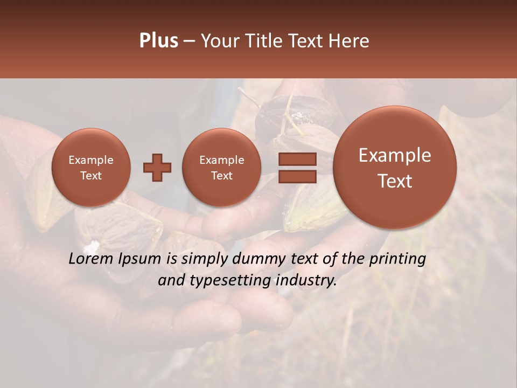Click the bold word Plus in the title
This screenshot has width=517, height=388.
click(158, 41)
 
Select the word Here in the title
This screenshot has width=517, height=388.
click(350, 41)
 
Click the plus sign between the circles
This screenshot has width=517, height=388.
click(157, 168)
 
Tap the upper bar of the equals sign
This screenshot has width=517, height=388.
click(297, 160)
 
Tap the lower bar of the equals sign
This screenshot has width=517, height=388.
click(297, 176)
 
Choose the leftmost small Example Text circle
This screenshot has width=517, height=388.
click(91, 168)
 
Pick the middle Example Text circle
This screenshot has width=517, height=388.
click(221, 168)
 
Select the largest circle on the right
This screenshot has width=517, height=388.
click(395, 168)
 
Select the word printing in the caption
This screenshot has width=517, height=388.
click(398, 259)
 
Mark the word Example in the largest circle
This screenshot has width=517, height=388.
click(395, 155)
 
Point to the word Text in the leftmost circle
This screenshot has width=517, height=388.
click(91, 176)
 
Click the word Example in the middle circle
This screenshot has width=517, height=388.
click(221, 160)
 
